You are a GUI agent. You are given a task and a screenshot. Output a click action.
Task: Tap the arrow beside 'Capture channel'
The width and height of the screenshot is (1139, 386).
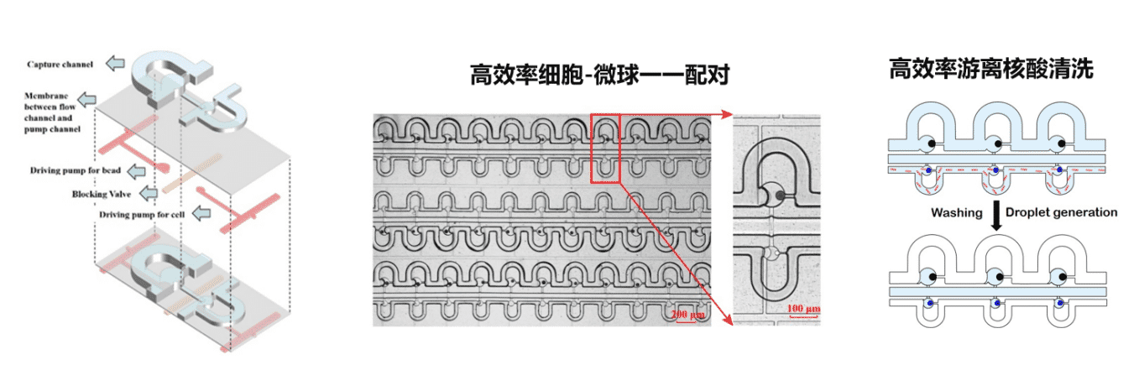[115, 64]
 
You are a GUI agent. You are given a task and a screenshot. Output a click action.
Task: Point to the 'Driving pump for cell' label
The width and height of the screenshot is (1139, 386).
[142, 215]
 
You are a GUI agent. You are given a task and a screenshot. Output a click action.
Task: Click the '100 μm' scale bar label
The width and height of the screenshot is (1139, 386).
[803, 310]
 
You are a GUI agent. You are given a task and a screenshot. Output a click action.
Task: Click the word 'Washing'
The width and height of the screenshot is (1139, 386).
[956, 213]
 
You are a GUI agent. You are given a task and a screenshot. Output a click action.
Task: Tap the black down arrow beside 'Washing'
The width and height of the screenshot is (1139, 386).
[996, 215]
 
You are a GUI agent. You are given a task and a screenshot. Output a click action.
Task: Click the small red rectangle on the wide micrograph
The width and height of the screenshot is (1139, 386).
[604, 148]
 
